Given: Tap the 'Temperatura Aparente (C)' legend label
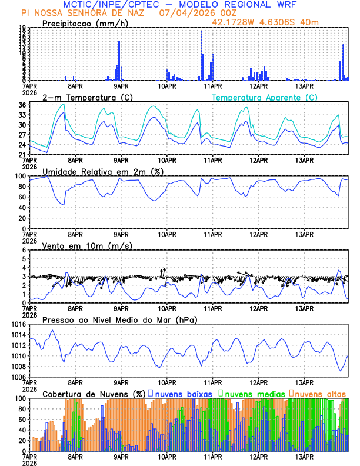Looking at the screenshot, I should tap(264, 97).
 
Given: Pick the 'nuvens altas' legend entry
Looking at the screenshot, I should tap(320, 393).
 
